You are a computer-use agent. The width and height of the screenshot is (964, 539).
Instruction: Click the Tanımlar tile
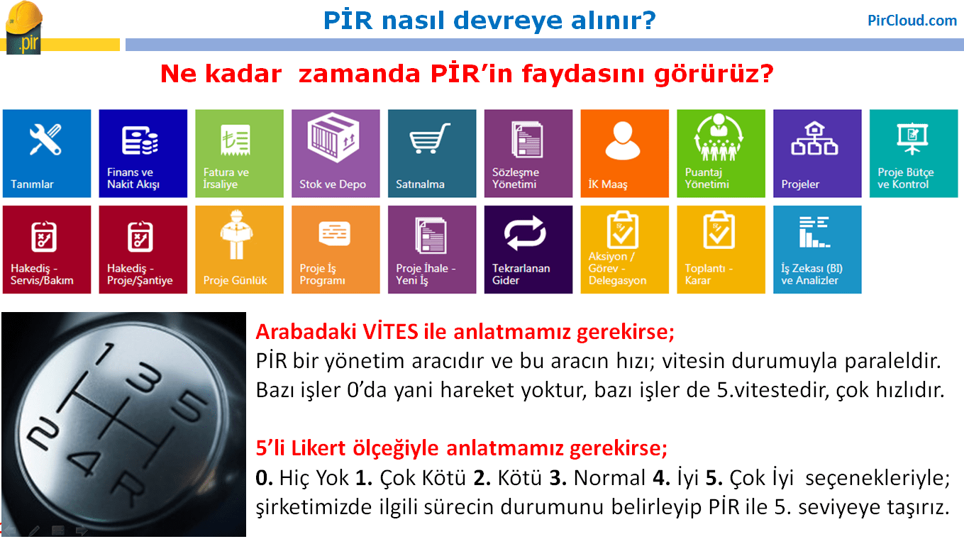click(x=47, y=154)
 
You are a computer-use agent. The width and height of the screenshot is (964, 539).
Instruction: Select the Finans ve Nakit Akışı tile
click(x=143, y=154)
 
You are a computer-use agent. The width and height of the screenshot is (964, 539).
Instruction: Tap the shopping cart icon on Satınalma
click(x=429, y=138)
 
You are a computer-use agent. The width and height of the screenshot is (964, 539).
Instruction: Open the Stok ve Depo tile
click(x=336, y=154)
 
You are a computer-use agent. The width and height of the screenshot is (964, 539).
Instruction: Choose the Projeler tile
click(x=817, y=154)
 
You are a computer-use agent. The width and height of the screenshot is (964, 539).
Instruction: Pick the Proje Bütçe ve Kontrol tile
click(x=914, y=154)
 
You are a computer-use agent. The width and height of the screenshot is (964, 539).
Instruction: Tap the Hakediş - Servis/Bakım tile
click(x=47, y=250)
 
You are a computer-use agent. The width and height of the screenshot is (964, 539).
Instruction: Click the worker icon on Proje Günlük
click(x=236, y=235)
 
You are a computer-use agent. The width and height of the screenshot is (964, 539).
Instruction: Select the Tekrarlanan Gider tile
click(x=528, y=250)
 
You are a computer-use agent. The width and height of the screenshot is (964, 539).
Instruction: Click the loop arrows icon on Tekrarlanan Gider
click(x=525, y=233)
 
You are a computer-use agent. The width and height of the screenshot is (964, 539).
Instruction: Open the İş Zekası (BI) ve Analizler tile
click(x=817, y=250)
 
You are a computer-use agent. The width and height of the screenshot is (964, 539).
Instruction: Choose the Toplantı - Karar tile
click(x=721, y=250)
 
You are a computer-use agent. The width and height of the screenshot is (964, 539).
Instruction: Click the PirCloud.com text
click(x=912, y=21)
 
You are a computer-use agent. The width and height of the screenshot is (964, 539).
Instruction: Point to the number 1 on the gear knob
click(x=105, y=354)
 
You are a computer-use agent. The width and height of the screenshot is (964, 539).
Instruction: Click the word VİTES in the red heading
click(x=390, y=332)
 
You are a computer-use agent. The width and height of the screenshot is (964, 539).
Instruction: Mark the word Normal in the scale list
click(x=609, y=478)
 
